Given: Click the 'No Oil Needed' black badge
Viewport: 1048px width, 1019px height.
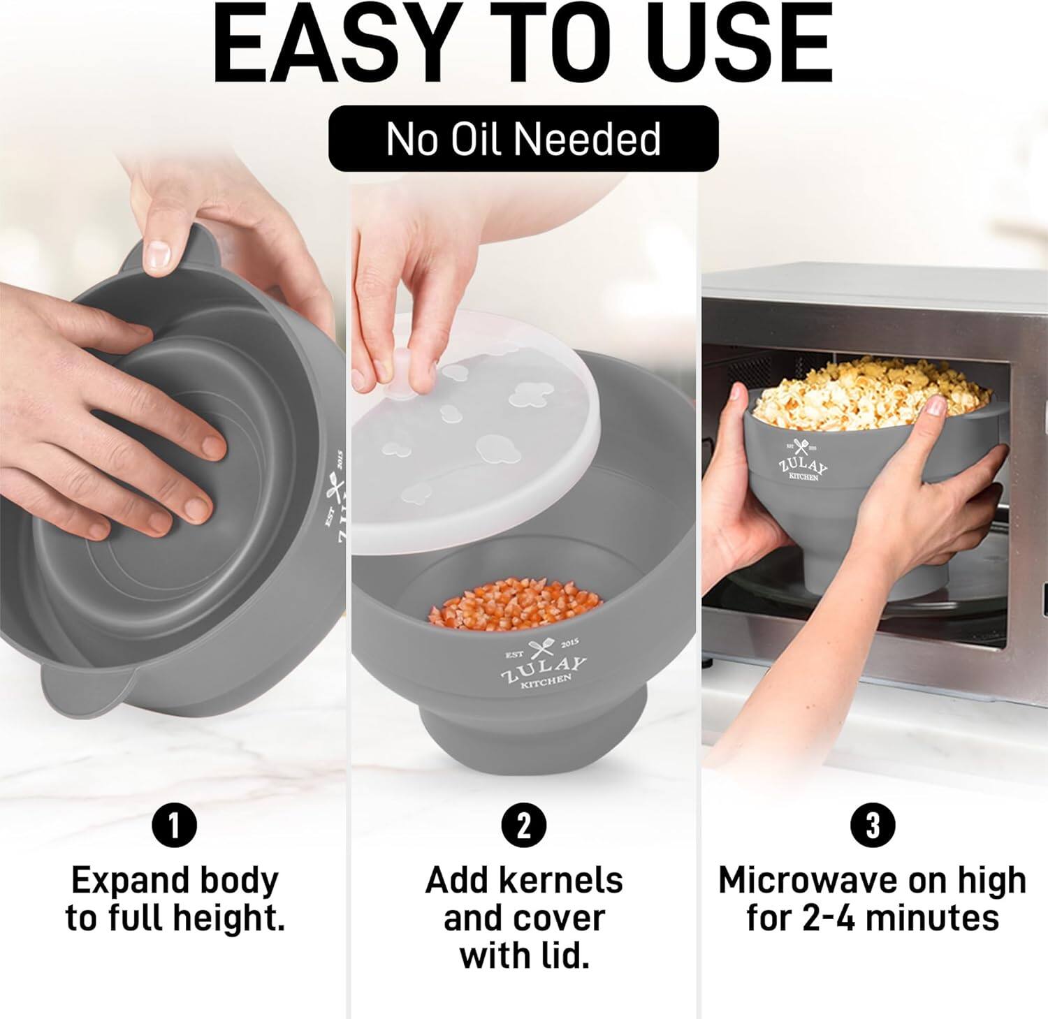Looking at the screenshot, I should point(523,138).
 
